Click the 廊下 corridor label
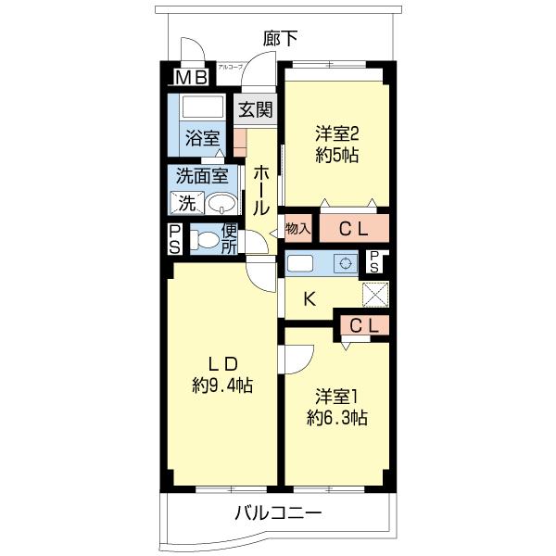point(280,38)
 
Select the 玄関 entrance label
point(255,109)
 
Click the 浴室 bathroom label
point(203,139)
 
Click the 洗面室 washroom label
point(202,174)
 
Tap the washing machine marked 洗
point(187,203)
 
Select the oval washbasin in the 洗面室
point(221,204)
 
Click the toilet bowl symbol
point(208,241)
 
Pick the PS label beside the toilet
point(175,240)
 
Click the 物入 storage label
point(297,228)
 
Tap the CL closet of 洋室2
point(353,228)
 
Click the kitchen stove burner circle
point(345,263)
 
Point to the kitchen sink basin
point(301,263)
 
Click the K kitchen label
point(310,298)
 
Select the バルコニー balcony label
point(278,512)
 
